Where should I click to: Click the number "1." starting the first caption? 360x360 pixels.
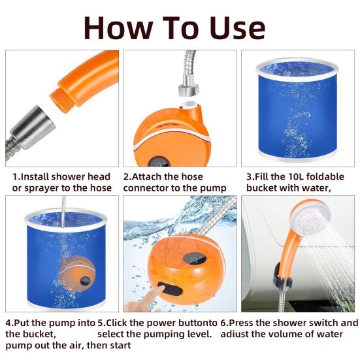pos(17,176)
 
